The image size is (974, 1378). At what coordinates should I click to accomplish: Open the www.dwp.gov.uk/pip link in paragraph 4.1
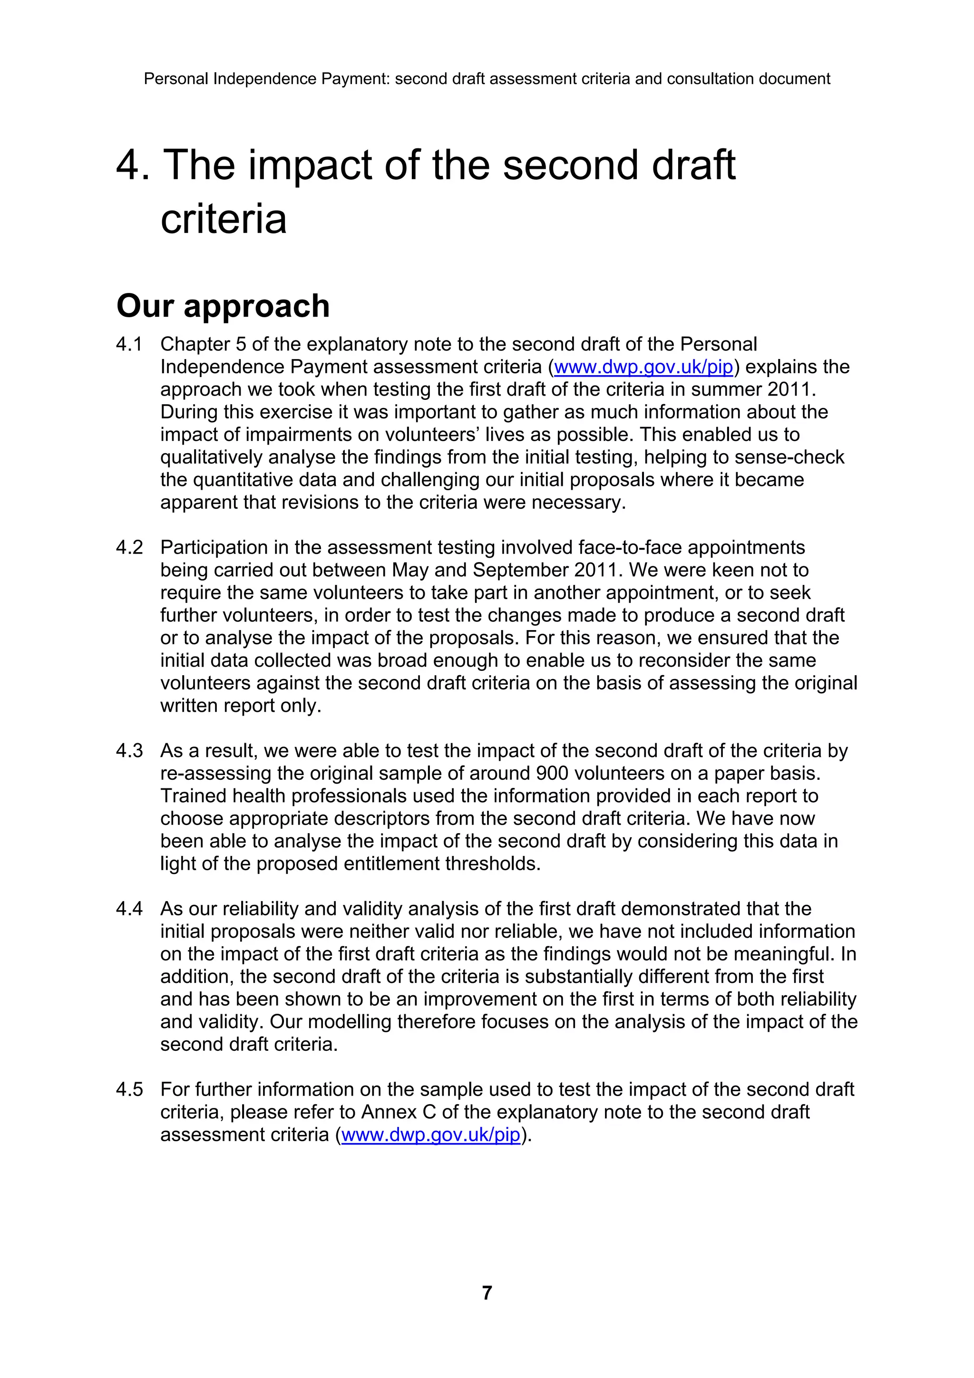643,367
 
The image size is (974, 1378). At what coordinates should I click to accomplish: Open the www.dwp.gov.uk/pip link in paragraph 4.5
430,1135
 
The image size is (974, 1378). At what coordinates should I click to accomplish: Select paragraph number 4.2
130,547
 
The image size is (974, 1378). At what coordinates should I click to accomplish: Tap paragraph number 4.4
130,909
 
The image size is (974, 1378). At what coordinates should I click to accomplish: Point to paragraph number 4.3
130,751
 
